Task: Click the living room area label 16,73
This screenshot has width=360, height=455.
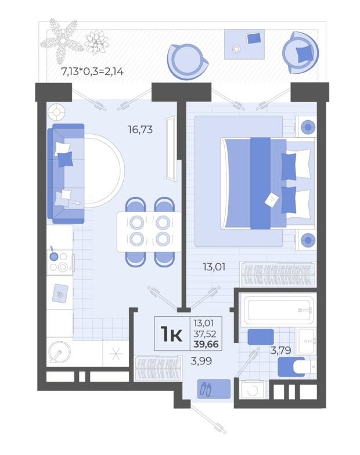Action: click(x=141, y=130)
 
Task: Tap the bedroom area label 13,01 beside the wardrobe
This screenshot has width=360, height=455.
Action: click(x=214, y=267)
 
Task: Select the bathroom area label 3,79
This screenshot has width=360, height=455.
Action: click(x=280, y=350)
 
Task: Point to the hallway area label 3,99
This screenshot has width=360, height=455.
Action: click(x=201, y=361)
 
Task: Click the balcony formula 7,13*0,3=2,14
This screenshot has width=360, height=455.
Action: click(x=92, y=71)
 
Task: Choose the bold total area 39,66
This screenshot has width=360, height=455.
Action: click(x=206, y=345)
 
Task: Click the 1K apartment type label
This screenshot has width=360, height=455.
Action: click(x=172, y=334)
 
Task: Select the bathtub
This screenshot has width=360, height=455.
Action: click(x=278, y=310)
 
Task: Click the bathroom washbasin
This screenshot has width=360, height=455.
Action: click(x=306, y=341)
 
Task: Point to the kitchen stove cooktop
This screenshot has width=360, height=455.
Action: click(x=59, y=262)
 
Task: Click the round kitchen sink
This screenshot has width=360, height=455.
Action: click(x=59, y=352)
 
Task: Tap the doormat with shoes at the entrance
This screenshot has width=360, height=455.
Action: click(x=214, y=389)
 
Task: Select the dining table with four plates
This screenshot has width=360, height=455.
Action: click(x=149, y=232)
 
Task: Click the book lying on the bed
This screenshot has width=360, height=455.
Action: click(x=272, y=200)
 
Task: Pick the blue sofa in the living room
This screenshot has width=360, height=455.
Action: click(x=66, y=174)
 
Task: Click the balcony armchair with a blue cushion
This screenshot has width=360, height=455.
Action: click(x=300, y=53)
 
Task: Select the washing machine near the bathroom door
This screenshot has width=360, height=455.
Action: click(x=252, y=389)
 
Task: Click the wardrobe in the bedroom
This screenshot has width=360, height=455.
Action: click(x=278, y=274)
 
